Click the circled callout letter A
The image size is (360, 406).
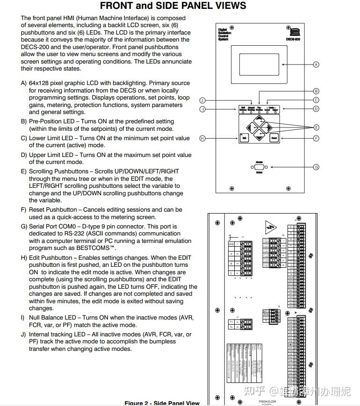click(x=316, y=64)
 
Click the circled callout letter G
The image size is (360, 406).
click(x=316, y=167)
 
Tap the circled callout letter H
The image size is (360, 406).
click(x=202, y=138)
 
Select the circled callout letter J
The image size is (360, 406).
click(x=202, y=100)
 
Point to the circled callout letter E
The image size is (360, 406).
click(x=316, y=127)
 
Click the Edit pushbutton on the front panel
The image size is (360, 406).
click(x=244, y=138)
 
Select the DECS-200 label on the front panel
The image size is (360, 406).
click(x=293, y=40)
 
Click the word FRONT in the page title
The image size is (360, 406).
click(x=117, y=6)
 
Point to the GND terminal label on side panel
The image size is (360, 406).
click(x=231, y=244)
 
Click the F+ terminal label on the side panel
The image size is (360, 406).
click(x=231, y=322)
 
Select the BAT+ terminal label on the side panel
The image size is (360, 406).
click(x=266, y=311)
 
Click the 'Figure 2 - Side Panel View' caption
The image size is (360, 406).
click(x=162, y=403)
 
